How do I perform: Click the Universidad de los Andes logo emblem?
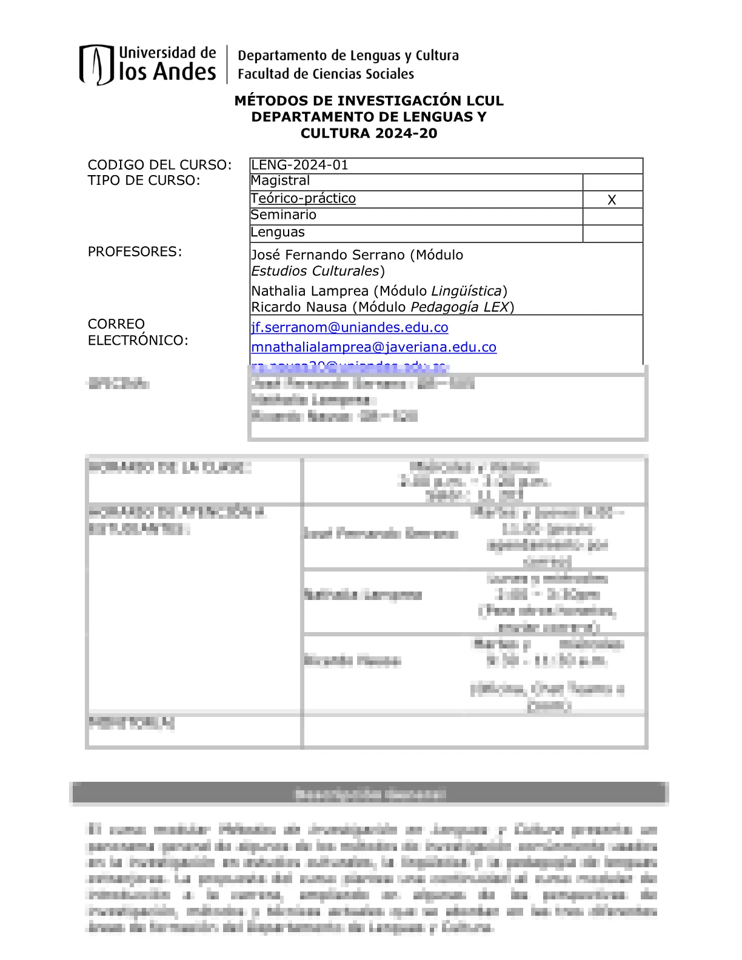[x=96, y=64]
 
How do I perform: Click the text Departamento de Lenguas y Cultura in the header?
[x=348, y=56]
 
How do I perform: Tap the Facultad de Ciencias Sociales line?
[x=326, y=74]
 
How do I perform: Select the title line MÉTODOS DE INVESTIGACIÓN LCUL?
[x=369, y=101]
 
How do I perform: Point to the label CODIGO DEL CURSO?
[x=159, y=165]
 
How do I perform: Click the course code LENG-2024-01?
[x=299, y=165]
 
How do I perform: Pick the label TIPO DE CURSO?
[x=144, y=181]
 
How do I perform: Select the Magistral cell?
[x=280, y=181]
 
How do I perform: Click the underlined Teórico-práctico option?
[x=303, y=198]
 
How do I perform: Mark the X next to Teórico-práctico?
[x=612, y=200]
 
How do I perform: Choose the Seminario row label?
[x=283, y=215]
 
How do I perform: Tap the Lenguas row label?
[x=278, y=232]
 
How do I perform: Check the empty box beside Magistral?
[x=612, y=182]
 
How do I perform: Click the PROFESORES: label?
[x=135, y=252]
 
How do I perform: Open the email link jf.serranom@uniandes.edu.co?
[x=350, y=327]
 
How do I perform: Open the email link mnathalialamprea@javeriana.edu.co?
[x=373, y=347]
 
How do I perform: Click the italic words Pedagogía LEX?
[x=460, y=307]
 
